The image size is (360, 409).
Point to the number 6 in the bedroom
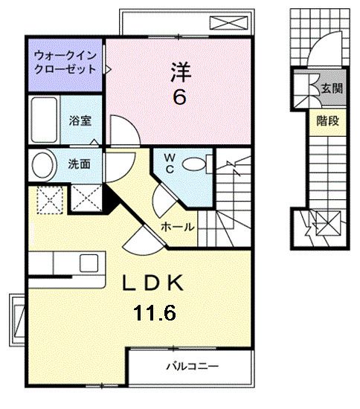(x=179, y=97)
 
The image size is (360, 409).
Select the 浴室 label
(x=80, y=120)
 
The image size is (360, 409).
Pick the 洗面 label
(x=80, y=164)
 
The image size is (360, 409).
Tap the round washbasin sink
(x=43, y=164)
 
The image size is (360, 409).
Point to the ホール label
(x=178, y=226)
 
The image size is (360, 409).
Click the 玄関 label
(x=331, y=88)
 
